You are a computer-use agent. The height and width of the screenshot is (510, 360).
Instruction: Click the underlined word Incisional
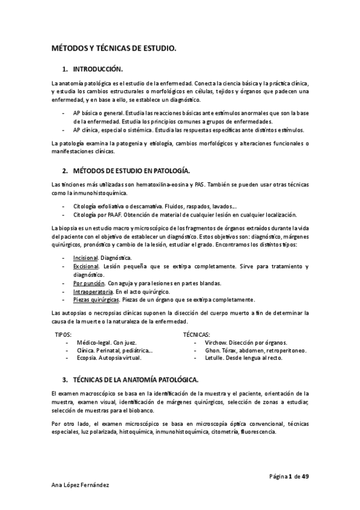coord(85,257)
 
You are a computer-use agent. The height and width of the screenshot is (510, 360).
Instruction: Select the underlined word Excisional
coord(86,266)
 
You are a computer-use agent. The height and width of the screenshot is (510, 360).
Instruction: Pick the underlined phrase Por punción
coord(88,283)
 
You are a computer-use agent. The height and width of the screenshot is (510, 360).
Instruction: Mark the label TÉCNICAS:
coord(196,333)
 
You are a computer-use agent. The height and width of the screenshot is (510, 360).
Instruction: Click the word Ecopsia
coord(88,357)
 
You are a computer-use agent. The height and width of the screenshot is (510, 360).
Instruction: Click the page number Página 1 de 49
coord(288,476)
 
